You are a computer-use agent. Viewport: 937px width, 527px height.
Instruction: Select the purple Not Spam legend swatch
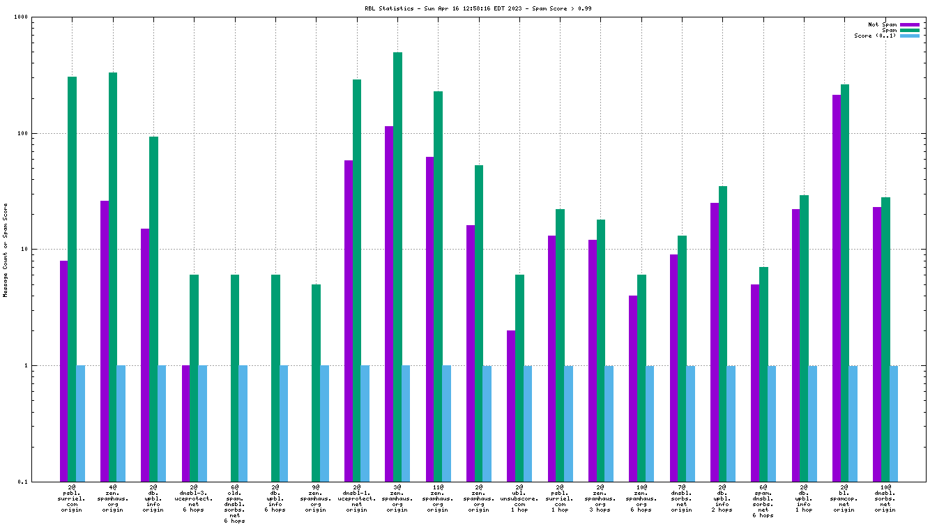[910, 24]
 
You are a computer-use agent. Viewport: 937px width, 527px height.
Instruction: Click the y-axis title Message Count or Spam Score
[6, 250]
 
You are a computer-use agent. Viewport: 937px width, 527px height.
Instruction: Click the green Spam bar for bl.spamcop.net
[845, 282]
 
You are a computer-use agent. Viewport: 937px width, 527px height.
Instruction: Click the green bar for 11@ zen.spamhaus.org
[438, 286]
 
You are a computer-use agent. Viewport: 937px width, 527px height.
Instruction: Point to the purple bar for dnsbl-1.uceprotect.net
[349, 321]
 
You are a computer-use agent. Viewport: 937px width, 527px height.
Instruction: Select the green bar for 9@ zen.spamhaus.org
[316, 383]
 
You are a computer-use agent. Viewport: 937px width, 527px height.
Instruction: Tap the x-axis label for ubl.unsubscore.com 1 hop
[519, 498]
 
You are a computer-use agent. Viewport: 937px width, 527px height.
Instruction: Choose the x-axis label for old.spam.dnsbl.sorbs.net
[235, 503]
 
